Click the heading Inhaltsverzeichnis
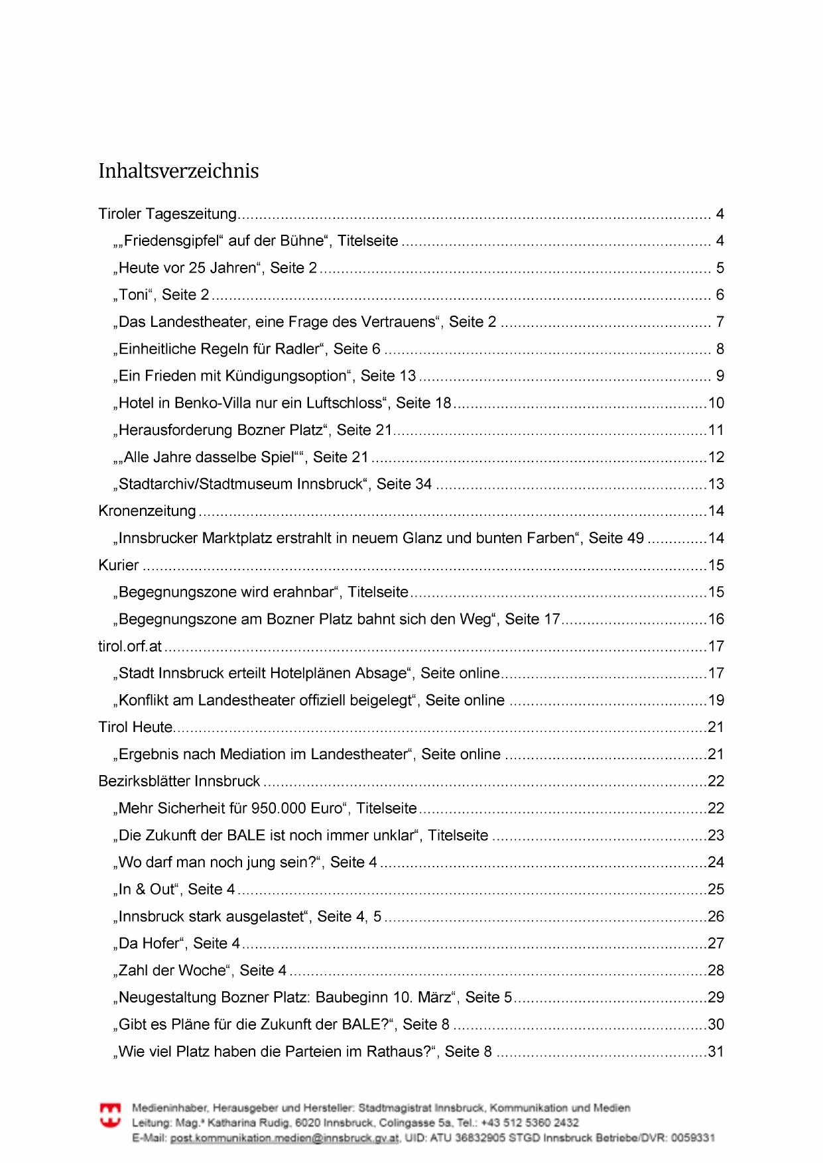178,171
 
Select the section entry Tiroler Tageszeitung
167,214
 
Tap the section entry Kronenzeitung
147,511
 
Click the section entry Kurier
119,566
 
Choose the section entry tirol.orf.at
130,646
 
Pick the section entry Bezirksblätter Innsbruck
179,781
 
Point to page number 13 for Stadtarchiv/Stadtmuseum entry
716,484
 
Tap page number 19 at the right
716,700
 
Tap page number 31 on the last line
716,1052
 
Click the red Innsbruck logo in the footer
110,1115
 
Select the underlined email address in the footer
285,1138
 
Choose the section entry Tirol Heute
136,727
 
